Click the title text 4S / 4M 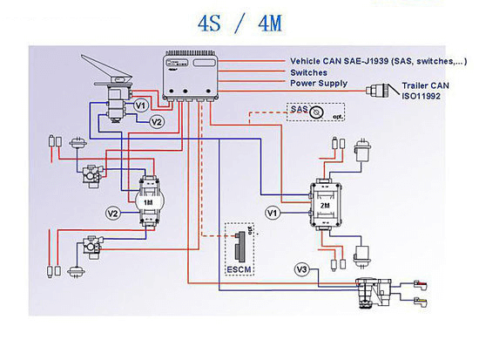point(239,24)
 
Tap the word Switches point(308,73)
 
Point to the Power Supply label point(319,84)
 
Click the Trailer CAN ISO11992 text point(425,91)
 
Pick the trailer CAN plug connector point(378,91)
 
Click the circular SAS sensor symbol point(316,112)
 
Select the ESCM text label point(239,270)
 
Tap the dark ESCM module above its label point(240,247)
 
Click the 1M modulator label point(148,202)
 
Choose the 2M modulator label point(325,206)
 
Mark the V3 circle point(302,269)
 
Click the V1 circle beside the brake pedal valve point(141,105)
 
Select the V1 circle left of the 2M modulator point(273,213)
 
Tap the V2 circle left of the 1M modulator point(113,214)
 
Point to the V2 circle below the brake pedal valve point(157,122)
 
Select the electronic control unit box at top point(191,75)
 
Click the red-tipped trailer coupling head point(420,285)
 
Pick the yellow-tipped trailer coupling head point(420,302)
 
